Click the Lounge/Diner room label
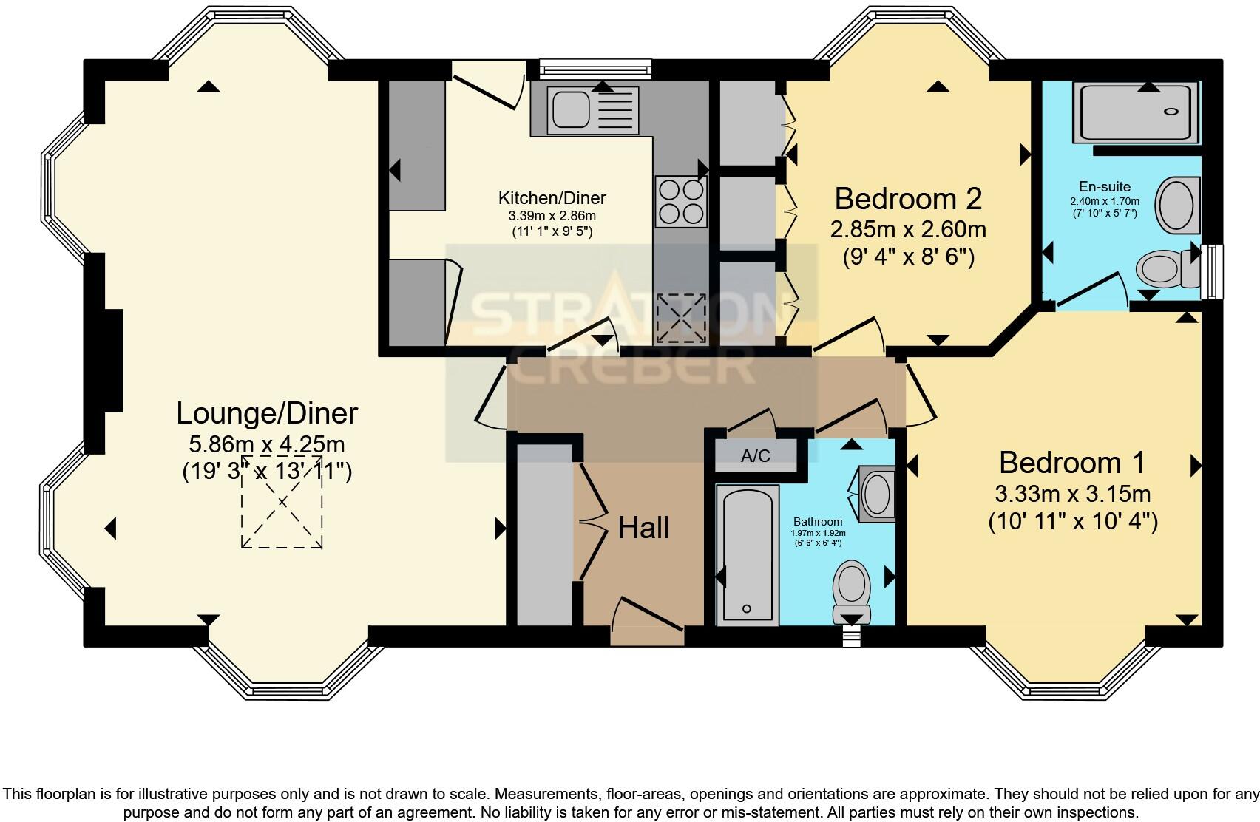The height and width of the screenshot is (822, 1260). click(267, 413)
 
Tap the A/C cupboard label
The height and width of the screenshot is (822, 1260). click(756, 456)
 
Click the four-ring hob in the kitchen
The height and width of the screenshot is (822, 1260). click(680, 202)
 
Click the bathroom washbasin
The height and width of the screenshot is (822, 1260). click(877, 493)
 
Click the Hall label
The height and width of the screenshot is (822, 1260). click(643, 529)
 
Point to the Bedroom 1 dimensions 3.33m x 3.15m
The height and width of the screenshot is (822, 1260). click(1072, 493)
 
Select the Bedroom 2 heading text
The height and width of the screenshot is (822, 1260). click(908, 199)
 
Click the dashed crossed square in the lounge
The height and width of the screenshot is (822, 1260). click(282, 503)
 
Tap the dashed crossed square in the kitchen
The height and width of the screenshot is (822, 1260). click(680, 318)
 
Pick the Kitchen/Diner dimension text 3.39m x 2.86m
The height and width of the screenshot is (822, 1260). click(552, 216)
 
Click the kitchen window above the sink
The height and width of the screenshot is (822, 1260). click(595, 70)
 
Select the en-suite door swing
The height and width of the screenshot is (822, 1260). click(1092, 289)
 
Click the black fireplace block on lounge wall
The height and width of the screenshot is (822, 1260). click(112, 360)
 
